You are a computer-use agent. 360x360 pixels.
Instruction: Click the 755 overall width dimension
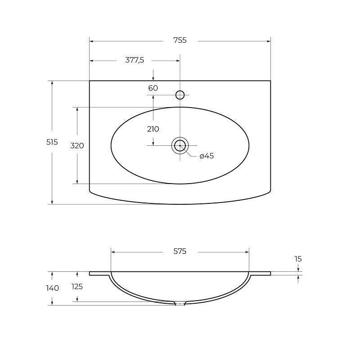(180, 40)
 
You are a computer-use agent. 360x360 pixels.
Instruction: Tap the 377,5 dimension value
(134, 60)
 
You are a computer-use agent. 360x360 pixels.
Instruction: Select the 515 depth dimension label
(52, 142)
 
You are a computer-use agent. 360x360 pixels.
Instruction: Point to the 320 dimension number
(77, 146)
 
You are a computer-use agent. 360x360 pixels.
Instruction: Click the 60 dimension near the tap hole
(153, 88)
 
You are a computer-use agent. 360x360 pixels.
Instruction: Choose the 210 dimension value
(153, 129)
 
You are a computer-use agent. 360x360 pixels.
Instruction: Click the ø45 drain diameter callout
(206, 156)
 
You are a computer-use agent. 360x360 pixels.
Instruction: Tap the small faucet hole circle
(180, 94)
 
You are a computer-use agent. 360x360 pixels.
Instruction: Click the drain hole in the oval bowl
(180, 145)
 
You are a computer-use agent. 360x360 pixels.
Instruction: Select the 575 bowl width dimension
(180, 252)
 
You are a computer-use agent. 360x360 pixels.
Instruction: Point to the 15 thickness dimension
(298, 259)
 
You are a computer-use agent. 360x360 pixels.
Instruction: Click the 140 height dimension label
(53, 288)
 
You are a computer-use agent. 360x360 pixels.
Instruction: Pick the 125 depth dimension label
(77, 286)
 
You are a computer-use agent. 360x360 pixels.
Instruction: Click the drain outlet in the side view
(180, 303)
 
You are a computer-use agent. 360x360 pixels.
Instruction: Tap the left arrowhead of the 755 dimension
(92, 41)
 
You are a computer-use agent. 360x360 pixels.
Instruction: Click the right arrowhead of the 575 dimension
(247, 252)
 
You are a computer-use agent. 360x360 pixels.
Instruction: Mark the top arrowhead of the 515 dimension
(52, 83)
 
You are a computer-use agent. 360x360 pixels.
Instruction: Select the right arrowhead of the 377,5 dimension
(178, 60)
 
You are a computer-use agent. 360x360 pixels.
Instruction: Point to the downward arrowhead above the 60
(153, 78)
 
